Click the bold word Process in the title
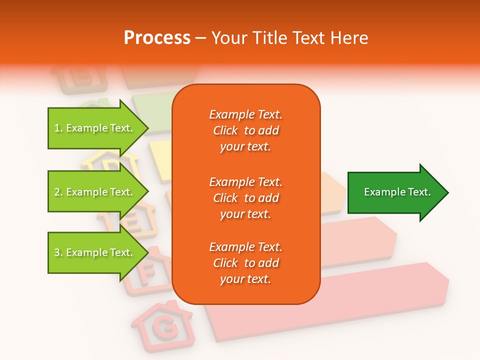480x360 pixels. [x=157, y=38]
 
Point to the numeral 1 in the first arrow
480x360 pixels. [x=57, y=128]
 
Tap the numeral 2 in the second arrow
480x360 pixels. [x=57, y=192]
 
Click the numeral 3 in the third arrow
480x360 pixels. [x=57, y=252]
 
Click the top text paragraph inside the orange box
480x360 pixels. [x=245, y=130]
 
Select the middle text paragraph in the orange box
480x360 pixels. [x=245, y=198]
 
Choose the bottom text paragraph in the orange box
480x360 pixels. [x=245, y=263]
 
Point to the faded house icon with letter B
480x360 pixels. [x=80, y=77]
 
